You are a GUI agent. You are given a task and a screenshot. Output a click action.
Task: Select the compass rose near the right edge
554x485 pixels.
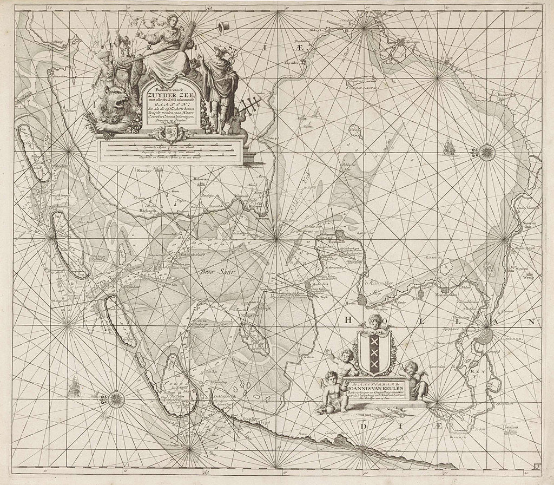coord(484,152)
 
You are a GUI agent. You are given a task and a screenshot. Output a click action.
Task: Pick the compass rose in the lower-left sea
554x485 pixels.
coord(115,400)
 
